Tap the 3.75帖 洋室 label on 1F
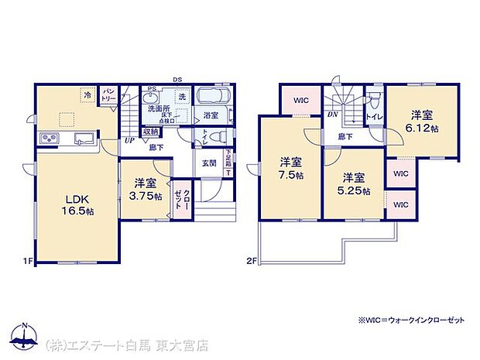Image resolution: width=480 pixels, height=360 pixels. coord(146,190)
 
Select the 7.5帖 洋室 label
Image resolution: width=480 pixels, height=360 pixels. coord(290,169)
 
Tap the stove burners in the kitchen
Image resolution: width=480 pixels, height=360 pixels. coord(50,139)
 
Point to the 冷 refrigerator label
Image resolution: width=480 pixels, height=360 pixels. coord(87,96)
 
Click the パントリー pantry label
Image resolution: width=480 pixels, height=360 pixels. coord(108,94)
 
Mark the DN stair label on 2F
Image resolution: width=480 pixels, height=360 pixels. coord(331,115)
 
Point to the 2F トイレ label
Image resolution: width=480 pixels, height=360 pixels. coord(375,118)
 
